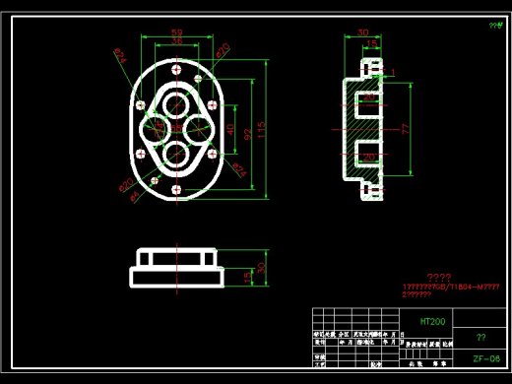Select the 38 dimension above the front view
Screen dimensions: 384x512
coord(177,41)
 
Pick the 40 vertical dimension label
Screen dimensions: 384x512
coord(230,129)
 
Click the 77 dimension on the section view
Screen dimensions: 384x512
coord(404,128)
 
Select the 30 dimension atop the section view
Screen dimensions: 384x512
coord(362,32)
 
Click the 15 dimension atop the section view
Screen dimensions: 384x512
coord(371,44)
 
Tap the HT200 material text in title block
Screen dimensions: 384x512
coord(433,321)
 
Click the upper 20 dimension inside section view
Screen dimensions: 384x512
coord(368,97)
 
